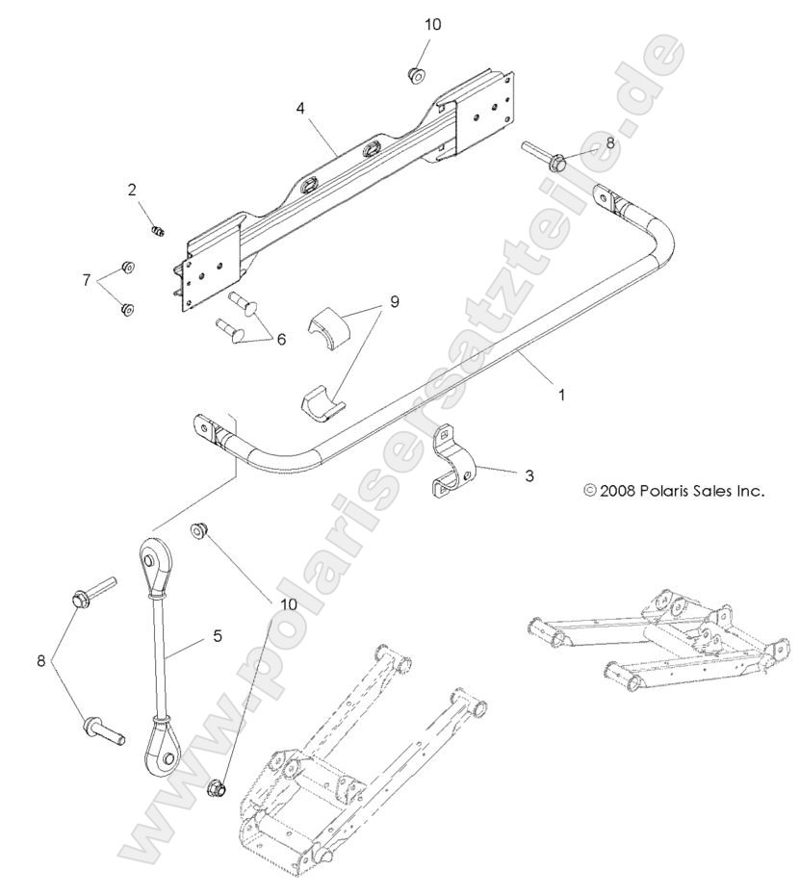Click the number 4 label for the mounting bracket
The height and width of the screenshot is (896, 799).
point(301,109)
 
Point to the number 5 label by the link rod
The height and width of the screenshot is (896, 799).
point(218,635)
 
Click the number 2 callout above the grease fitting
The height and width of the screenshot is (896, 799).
point(133,190)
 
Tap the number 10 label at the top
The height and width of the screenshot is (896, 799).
point(432,25)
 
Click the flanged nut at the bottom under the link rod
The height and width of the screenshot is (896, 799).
point(219,788)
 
